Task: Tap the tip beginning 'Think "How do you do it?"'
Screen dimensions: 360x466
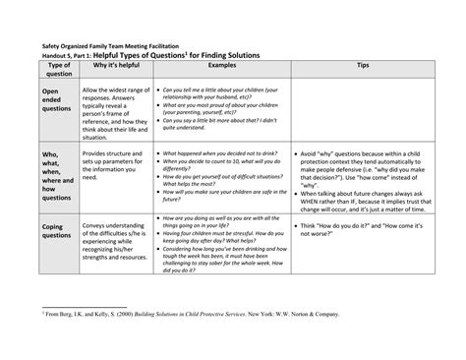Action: tap(361, 229)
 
